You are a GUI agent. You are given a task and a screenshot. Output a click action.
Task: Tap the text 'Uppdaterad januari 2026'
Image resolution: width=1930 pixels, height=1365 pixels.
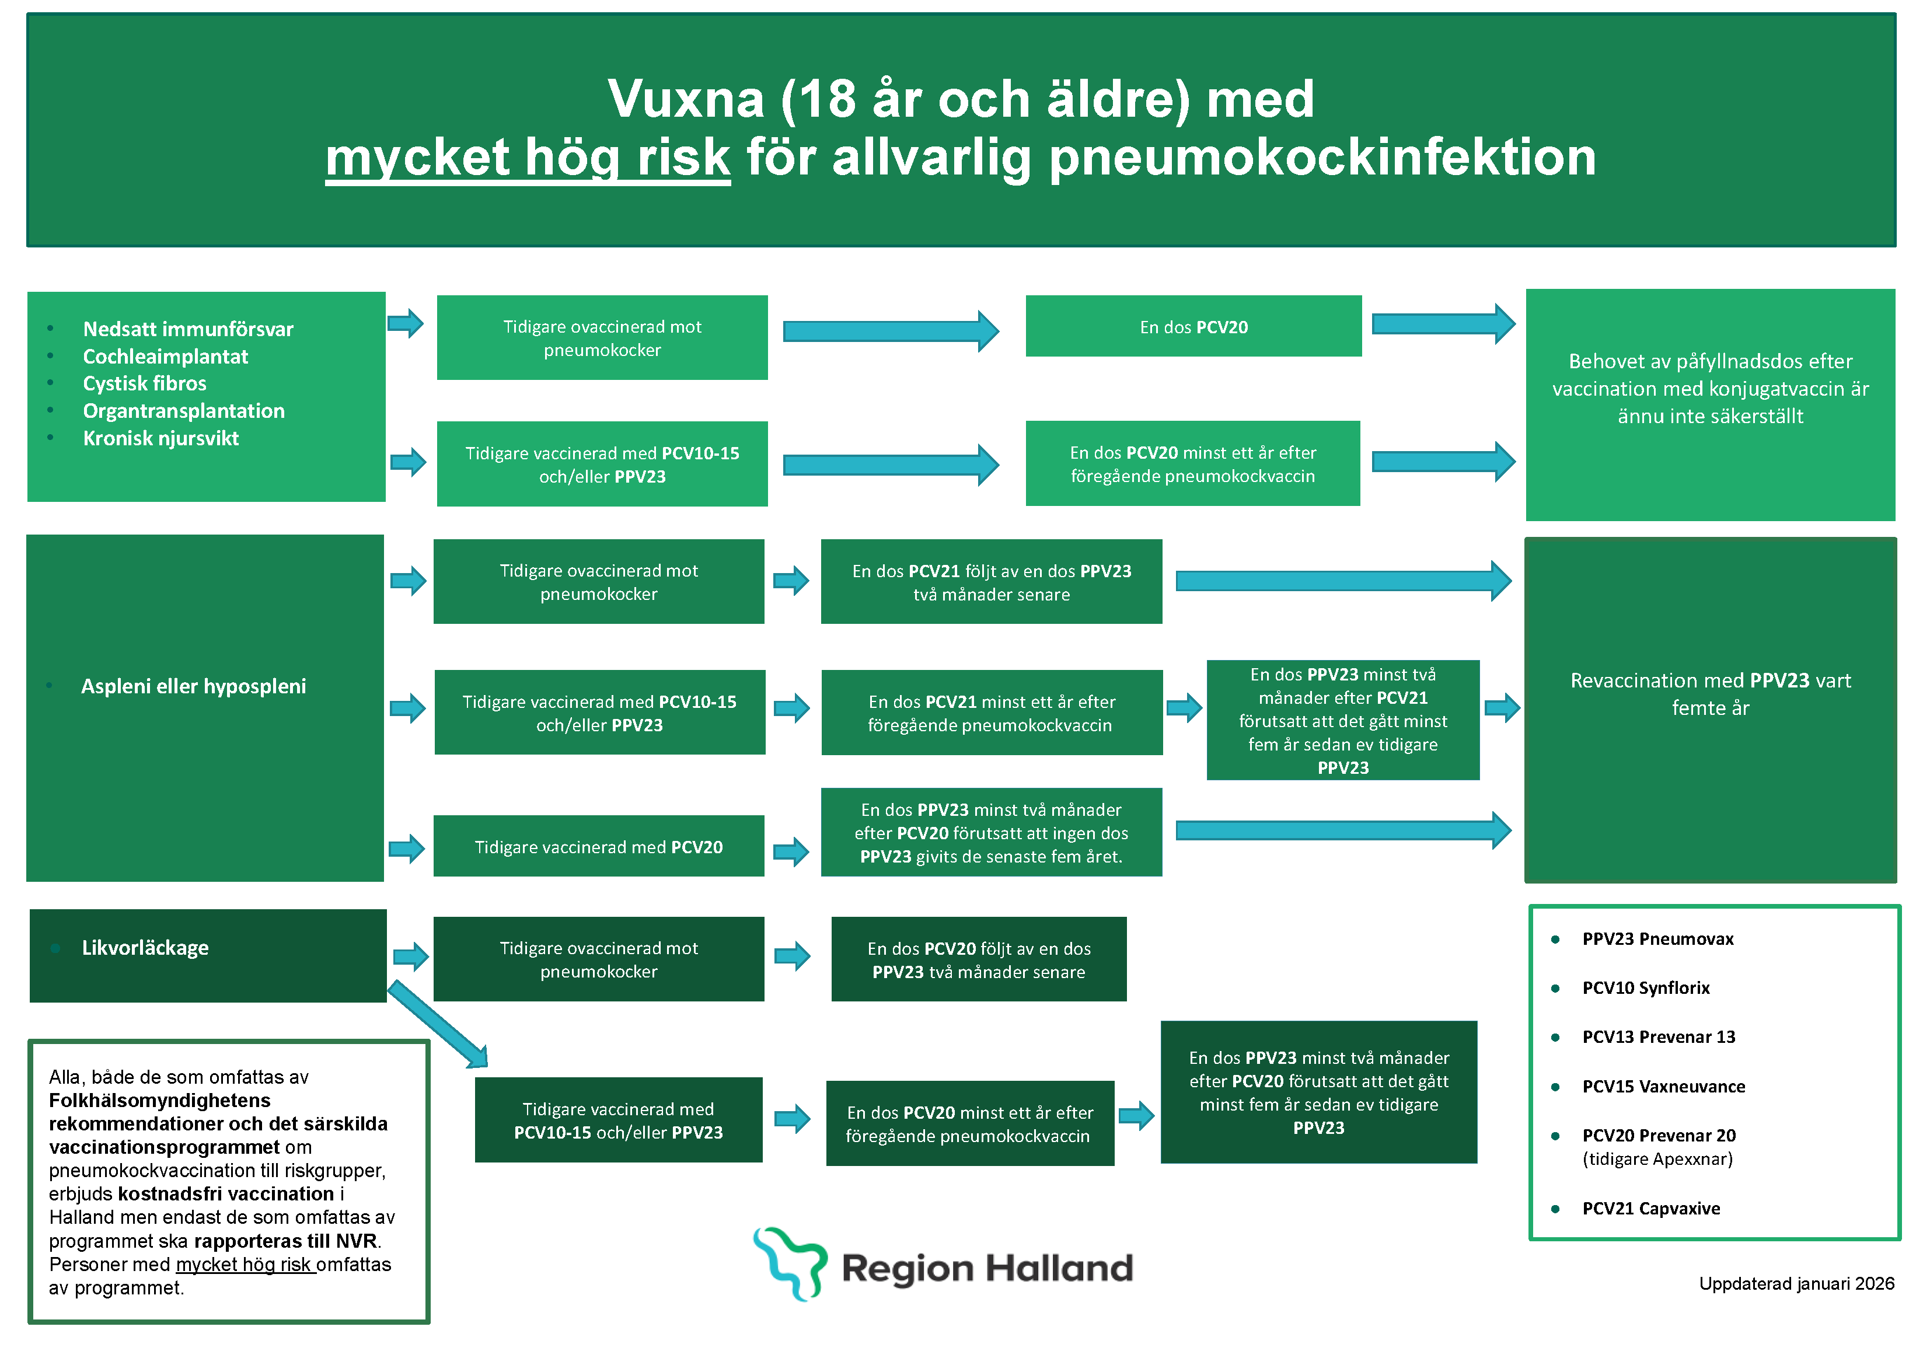coord(1796,1283)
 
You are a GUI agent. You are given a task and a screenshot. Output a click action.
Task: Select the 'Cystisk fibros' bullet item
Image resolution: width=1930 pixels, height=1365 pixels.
coord(145,383)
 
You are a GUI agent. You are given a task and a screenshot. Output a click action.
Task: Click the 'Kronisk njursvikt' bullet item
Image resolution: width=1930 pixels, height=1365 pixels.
coord(160,438)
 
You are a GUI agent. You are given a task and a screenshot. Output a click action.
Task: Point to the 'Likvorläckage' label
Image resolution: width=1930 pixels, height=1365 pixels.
coord(145,948)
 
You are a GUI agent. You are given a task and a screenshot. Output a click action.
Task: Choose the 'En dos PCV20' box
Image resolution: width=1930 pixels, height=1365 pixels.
coord(1193,327)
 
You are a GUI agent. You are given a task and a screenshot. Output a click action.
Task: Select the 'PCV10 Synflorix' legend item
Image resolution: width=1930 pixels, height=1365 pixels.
coord(1645,987)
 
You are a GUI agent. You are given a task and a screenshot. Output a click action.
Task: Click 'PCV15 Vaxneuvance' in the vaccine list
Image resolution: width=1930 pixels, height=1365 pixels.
coord(1663,1086)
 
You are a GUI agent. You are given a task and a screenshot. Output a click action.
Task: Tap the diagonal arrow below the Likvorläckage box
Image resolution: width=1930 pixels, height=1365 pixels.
coord(437,1024)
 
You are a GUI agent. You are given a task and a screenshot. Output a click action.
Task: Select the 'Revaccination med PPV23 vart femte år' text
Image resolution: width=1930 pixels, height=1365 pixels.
coord(1710,693)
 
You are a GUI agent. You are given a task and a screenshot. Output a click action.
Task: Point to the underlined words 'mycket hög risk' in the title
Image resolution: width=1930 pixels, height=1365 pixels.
coord(528,157)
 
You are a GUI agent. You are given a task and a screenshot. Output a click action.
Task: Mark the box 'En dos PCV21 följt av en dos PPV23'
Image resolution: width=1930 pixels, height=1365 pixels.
coord(991,582)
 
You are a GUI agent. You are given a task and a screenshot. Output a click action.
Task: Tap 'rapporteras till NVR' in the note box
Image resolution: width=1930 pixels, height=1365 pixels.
coord(286,1241)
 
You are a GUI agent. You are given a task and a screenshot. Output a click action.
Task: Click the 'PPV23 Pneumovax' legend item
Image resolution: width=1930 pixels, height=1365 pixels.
coord(1657,939)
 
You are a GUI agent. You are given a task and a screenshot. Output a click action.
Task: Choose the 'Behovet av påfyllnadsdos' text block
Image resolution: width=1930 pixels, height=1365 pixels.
coord(1710,388)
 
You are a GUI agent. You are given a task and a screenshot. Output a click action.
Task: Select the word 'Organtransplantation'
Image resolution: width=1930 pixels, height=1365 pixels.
coord(183,411)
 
